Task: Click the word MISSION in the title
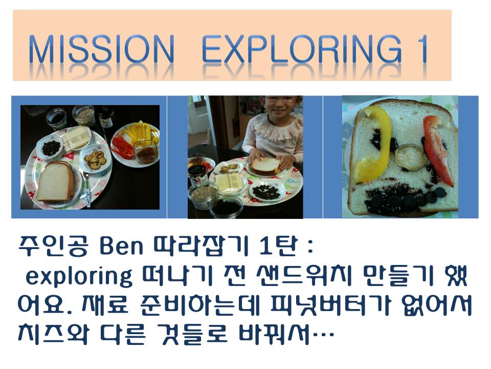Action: (101, 49)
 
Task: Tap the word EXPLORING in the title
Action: (302, 49)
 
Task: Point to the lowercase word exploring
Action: (79, 277)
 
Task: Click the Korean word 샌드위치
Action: (304, 276)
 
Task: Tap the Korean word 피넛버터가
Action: (330, 305)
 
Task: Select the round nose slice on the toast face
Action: (410, 156)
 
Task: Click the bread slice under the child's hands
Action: (264, 166)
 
